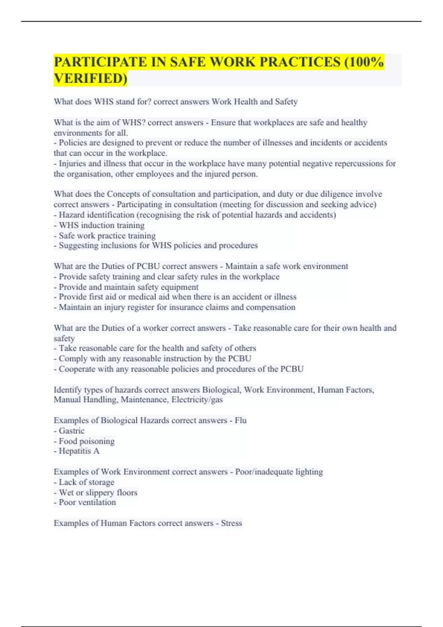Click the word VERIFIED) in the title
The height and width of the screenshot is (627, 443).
pos(90,79)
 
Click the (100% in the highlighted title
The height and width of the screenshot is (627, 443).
pos(364,62)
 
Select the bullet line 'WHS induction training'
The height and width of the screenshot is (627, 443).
pos(102,225)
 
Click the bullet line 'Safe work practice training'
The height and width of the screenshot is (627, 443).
pos(107,236)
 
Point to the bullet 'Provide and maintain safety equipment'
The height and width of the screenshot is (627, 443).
pos(128,287)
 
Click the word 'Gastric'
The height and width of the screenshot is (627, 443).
pos(72,431)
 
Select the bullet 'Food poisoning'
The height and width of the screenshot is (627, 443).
pos(87,441)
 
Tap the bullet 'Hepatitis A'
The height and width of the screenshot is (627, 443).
pos(79,451)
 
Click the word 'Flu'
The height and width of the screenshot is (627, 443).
pos(241,420)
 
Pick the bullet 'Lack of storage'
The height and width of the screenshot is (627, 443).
pos(86,482)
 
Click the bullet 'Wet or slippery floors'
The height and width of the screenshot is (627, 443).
pos(98,492)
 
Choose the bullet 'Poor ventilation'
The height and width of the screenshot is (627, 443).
pos(87,502)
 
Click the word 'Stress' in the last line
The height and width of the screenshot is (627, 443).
pos(231,523)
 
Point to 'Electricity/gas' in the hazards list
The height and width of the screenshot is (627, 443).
pos(197,400)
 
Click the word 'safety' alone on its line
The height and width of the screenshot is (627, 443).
pos(64,339)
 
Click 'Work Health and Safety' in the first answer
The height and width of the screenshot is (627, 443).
pos(254,102)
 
